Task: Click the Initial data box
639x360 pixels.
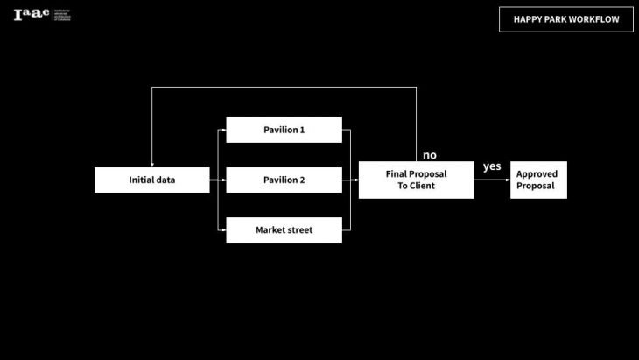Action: click(152, 180)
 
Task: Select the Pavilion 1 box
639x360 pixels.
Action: click(284, 130)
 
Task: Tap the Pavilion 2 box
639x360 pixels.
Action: click(284, 180)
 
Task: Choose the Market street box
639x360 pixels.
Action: click(284, 229)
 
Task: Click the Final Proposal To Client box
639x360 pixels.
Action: click(416, 180)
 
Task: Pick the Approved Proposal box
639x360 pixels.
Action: click(538, 180)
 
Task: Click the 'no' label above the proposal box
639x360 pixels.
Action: click(429, 155)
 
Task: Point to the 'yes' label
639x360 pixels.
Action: click(492, 166)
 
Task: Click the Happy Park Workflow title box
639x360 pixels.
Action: click(565, 19)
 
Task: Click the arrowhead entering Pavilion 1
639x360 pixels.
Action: click(223, 130)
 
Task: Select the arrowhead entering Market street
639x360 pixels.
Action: click(223, 229)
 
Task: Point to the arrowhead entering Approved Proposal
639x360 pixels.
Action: click(508, 180)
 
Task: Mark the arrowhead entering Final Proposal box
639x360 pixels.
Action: click(355, 180)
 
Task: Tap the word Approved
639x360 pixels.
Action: click(537, 173)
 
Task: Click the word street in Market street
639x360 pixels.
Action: click(297, 229)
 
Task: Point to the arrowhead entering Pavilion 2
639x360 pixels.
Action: click(223, 180)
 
